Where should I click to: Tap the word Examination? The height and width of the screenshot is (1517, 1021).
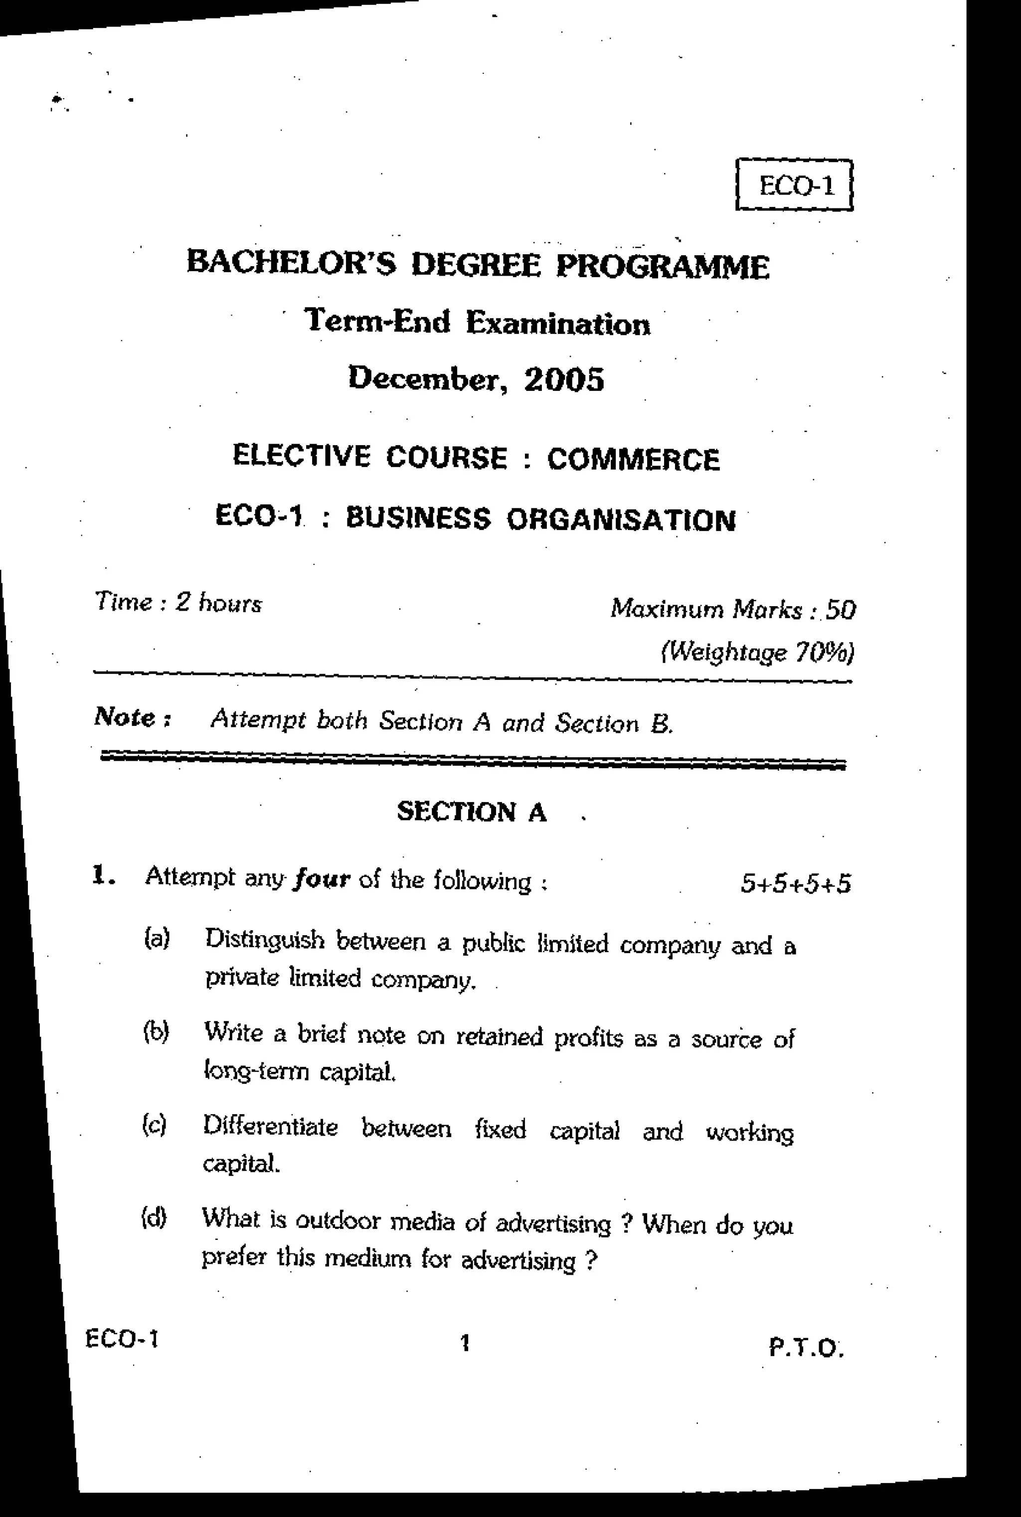pyautogui.click(x=558, y=324)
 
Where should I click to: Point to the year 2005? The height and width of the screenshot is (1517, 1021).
pyautogui.click(x=564, y=379)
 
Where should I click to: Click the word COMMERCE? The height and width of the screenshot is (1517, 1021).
pyautogui.click(x=633, y=460)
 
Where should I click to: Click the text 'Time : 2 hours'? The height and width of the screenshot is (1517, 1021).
pyautogui.click(x=178, y=603)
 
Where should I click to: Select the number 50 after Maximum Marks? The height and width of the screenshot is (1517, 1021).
pyautogui.click(x=840, y=611)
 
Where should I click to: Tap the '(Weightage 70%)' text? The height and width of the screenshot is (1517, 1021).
pyautogui.click(x=757, y=652)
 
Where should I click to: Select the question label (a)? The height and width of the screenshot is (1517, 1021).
pyautogui.click(x=156, y=938)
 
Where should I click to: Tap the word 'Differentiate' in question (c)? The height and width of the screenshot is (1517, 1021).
pyautogui.click(x=270, y=1126)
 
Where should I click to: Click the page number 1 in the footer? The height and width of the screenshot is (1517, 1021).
pyautogui.click(x=464, y=1343)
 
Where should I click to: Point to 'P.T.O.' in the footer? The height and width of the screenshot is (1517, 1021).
pyautogui.click(x=806, y=1347)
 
